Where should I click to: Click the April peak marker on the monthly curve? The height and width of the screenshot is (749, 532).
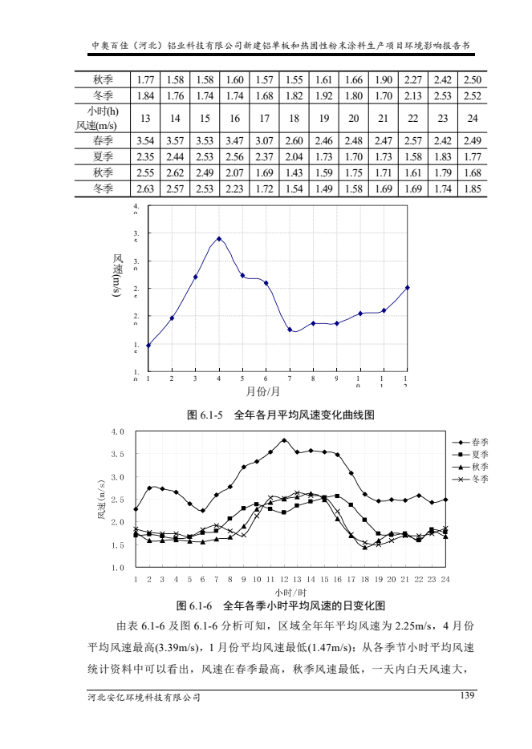(219, 239)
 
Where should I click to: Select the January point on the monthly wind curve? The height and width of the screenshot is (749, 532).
(148, 346)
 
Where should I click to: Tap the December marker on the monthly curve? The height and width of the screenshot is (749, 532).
(408, 287)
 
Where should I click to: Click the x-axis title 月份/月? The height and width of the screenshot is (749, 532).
(262, 391)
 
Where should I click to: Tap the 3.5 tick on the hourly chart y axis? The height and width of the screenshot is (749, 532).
(119, 454)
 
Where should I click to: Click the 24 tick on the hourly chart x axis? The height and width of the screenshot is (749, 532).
(445, 578)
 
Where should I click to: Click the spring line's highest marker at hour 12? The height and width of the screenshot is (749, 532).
(284, 440)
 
